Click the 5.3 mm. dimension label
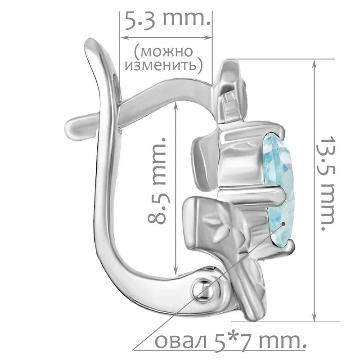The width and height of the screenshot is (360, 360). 167,20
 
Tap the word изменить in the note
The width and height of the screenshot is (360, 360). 161,66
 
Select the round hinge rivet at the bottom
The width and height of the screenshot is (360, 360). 204,289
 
